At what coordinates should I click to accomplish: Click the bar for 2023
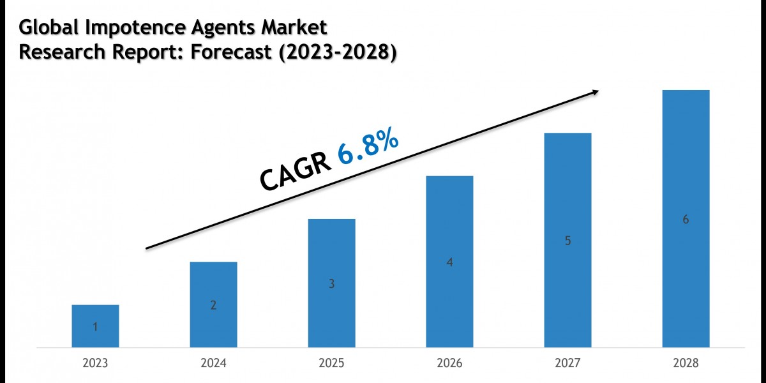pyautogui.click(x=95, y=326)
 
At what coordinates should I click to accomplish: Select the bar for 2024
pyautogui.click(x=213, y=304)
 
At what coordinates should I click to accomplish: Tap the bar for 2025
pyautogui.click(x=331, y=283)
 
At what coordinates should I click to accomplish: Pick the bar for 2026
pyautogui.click(x=449, y=262)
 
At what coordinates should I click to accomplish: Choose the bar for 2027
pyautogui.click(x=567, y=240)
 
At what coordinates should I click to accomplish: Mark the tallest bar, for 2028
pyautogui.click(x=686, y=219)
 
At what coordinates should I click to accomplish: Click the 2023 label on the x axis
pyautogui.click(x=95, y=363)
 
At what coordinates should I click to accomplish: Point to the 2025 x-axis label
pyautogui.click(x=331, y=363)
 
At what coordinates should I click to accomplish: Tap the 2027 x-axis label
pyautogui.click(x=567, y=363)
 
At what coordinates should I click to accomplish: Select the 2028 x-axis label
pyautogui.click(x=686, y=363)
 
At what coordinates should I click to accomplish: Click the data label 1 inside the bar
pyautogui.click(x=95, y=327)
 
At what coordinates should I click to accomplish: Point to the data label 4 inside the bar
pyautogui.click(x=449, y=262)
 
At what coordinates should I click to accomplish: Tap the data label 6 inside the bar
pyautogui.click(x=686, y=220)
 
